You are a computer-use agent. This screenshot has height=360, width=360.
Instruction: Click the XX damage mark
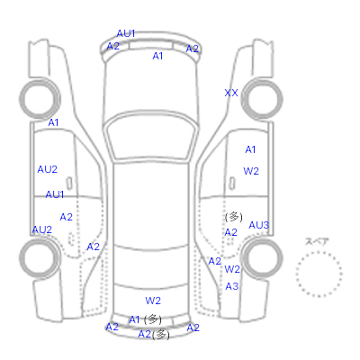231,93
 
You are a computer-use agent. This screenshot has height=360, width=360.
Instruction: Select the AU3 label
259,225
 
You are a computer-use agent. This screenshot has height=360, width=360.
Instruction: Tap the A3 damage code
232,286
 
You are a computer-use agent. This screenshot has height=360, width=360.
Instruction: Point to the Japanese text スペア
317,241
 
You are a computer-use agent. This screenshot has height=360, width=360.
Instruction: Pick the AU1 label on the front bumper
126,33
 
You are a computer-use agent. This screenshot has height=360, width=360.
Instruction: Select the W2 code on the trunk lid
153,301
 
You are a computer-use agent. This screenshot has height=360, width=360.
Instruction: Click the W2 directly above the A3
232,269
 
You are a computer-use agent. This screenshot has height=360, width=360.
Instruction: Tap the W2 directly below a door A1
251,171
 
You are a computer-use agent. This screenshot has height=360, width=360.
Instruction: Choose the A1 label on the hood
157,56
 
